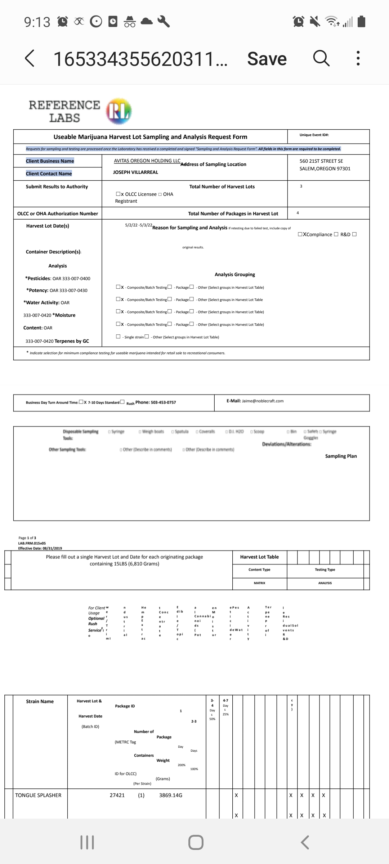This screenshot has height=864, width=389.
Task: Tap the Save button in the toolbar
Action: coord(267,59)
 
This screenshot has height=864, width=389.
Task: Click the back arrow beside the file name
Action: coord(30,58)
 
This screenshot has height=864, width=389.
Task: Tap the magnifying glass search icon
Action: coord(321,58)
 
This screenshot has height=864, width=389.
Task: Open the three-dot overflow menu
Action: coord(358,58)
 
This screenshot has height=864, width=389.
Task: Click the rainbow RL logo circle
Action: coord(119,111)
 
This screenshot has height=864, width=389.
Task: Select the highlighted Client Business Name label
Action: coord(50,161)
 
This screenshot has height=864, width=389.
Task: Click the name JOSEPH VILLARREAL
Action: coord(135,172)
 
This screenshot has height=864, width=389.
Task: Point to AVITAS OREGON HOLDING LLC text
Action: coord(147,161)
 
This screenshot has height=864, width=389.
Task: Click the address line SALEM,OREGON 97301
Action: coord(325,169)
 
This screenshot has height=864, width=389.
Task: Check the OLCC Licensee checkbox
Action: coord(118,194)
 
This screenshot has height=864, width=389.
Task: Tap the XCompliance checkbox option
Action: coord(300,234)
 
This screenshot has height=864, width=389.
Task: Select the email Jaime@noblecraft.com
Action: coord(263,401)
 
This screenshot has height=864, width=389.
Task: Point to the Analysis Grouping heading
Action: coord(235,275)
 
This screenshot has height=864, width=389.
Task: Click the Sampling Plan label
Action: coord(341,456)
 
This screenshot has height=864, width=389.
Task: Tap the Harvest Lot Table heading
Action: coord(259,557)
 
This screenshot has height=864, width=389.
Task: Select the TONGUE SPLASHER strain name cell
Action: coord(38,795)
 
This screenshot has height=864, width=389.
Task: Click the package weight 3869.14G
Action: coord(171,795)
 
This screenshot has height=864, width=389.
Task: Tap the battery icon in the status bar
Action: coord(362,22)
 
